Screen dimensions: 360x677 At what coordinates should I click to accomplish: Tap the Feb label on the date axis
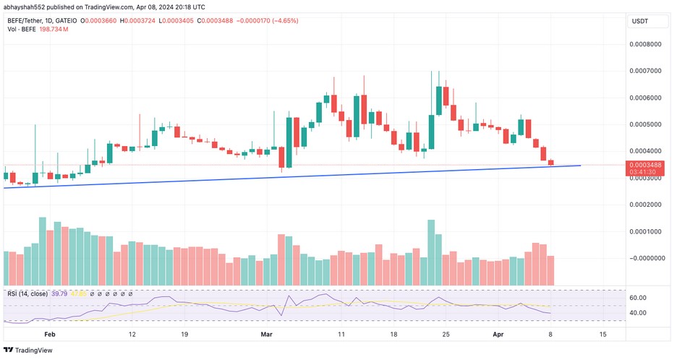[49, 335]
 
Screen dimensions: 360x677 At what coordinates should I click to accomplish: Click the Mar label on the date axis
[267, 335]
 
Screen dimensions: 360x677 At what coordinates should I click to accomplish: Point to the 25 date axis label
[446, 335]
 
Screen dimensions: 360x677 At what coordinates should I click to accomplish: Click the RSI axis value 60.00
[637, 297]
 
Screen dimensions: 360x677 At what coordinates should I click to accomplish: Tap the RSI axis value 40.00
[637, 313]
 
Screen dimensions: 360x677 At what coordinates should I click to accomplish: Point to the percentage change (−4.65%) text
[281, 20]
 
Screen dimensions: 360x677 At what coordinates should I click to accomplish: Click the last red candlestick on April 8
[551, 162]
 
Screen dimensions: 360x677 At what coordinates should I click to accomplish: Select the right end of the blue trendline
[581, 166]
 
